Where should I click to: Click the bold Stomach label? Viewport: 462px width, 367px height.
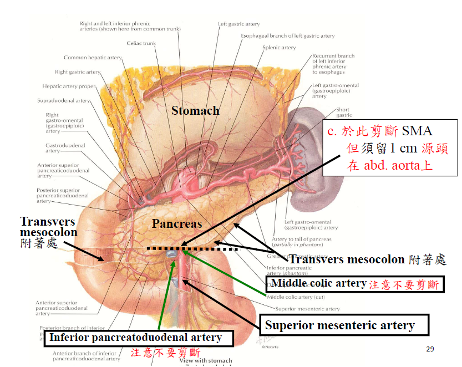pyautogui.click(x=195, y=111)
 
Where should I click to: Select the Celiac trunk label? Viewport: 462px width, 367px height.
pyautogui.click(x=141, y=43)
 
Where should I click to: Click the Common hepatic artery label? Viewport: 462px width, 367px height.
pyautogui.click(x=93, y=58)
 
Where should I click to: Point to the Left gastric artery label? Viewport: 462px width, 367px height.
pyautogui.click(x=238, y=24)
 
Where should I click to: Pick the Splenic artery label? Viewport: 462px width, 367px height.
pyautogui.click(x=279, y=48)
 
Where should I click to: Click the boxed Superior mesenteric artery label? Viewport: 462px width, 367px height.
pyautogui.click(x=339, y=325)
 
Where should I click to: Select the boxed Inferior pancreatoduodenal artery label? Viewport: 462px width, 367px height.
pyautogui.click(x=136, y=338)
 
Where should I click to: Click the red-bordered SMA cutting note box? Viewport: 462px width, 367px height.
pyautogui.click(x=388, y=148)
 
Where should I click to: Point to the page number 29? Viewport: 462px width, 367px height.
pyautogui.click(x=430, y=349)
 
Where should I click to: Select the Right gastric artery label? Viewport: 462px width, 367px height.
pyautogui.click(x=78, y=72)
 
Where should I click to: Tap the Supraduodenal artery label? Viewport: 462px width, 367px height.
pyautogui.click(x=63, y=101)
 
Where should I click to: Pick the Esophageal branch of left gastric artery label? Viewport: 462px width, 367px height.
pyautogui.click(x=287, y=36)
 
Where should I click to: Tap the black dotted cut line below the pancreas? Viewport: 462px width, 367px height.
pyautogui.click(x=191, y=249)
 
